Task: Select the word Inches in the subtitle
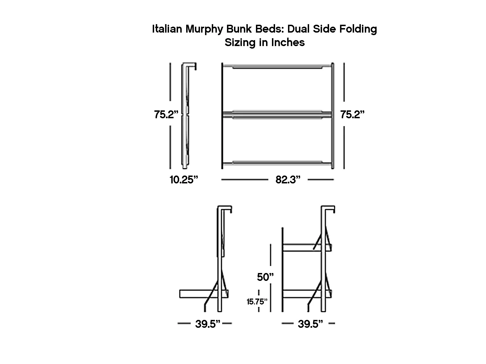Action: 288,43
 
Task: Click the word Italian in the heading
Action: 167,29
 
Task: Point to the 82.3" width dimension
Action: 288,179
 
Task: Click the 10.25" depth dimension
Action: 184,179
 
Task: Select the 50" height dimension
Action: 265,277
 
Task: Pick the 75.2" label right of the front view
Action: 352,115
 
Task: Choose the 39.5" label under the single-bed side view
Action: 208,324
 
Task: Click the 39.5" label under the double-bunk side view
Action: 310,324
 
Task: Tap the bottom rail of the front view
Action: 277,163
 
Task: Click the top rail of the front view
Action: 277,67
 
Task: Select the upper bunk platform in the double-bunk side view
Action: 302,247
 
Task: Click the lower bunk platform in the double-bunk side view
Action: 302,294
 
